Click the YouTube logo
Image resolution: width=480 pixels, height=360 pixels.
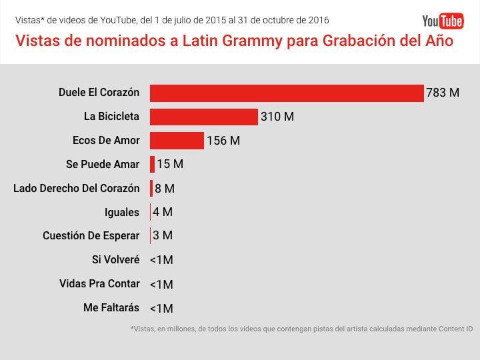(x=443, y=21)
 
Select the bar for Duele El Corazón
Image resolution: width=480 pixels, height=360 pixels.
(x=287, y=93)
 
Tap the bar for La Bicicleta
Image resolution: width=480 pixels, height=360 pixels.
(x=203, y=117)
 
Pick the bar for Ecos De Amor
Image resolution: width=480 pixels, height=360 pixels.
(x=177, y=141)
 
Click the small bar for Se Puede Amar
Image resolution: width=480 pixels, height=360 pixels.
(x=153, y=164)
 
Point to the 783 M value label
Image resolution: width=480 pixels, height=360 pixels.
(x=443, y=93)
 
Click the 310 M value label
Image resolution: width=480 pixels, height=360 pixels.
(x=277, y=117)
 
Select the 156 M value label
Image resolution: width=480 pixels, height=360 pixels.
(x=223, y=141)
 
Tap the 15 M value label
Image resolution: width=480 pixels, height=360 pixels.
(x=169, y=164)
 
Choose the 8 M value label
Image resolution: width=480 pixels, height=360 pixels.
(x=165, y=189)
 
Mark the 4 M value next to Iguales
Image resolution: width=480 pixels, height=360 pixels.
(x=162, y=212)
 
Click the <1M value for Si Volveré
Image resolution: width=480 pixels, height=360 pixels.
(x=161, y=260)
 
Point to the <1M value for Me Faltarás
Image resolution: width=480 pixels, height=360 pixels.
(x=161, y=308)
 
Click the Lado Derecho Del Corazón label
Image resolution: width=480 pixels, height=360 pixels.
(x=77, y=188)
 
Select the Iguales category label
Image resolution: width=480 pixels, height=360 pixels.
(x=122, y=212)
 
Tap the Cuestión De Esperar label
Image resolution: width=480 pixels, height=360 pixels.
(x=91, y=236)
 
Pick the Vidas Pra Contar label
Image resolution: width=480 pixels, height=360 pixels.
(x=99, y=284)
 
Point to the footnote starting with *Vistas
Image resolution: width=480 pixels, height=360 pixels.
(x=301, y=329)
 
